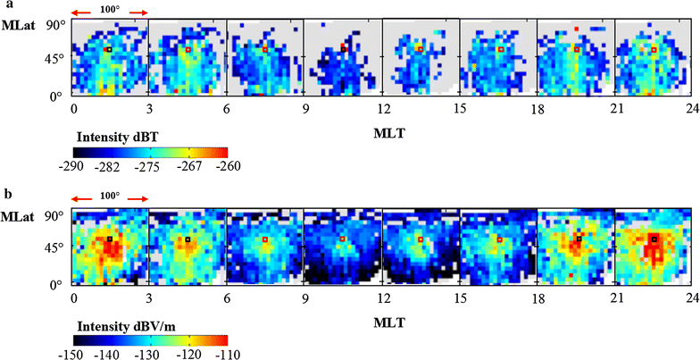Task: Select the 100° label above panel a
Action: coord(110,7)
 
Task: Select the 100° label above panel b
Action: coord(110,194)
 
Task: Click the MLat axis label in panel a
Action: coord(18,29)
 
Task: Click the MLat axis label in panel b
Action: coord(18,217)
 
